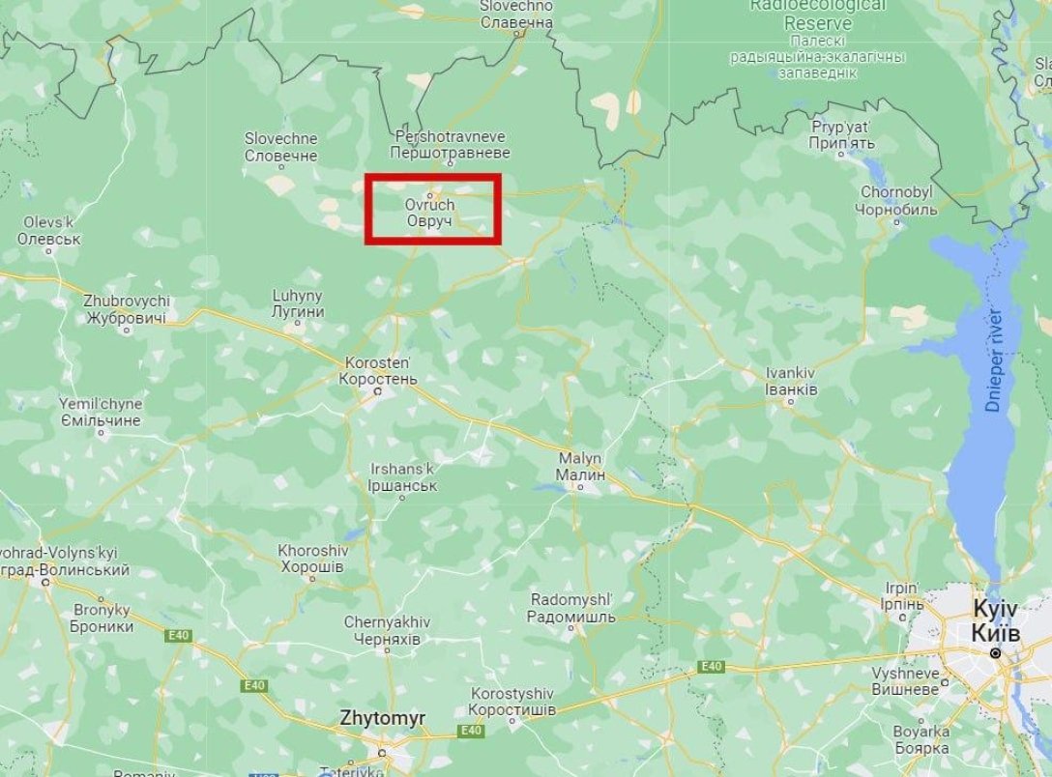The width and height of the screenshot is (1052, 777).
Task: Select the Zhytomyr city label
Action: pos(382,719)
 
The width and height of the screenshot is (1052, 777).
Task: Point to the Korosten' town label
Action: pos(378,370)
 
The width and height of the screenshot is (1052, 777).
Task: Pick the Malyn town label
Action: pos(580,467)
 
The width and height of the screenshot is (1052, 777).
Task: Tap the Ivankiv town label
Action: pos(791,380)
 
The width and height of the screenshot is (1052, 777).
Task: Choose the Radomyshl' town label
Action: pos(572,609)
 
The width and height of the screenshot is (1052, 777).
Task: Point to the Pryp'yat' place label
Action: pos(842,135)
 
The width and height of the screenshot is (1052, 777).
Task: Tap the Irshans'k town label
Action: pos(404,477)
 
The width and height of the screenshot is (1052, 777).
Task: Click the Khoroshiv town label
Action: pos(310,559)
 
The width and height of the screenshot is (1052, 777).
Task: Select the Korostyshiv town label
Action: pos(512,702)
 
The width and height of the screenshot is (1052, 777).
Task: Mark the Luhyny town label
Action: pos(298,303)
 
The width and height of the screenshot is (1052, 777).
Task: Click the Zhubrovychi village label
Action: pos(127,309)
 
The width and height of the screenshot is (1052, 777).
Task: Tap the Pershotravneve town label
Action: pos(451,145)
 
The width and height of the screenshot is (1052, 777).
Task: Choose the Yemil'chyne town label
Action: pos(101,413)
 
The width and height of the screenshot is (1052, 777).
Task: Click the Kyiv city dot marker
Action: pos(994,654)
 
